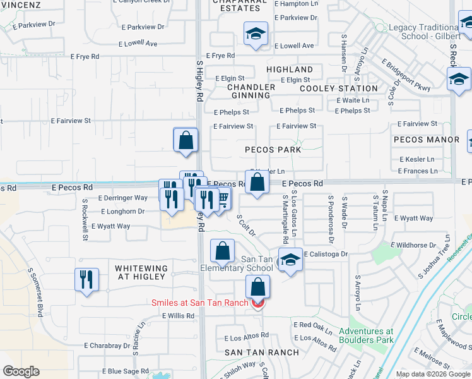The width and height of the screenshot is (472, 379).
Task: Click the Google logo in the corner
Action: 21,371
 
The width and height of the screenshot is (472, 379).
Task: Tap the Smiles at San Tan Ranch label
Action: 199,303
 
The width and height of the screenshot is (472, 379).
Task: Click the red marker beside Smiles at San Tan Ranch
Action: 257,304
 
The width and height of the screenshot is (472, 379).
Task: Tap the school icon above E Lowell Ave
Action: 256,34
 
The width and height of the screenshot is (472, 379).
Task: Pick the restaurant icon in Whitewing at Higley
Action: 86,279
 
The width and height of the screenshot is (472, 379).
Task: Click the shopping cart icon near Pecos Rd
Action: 221,200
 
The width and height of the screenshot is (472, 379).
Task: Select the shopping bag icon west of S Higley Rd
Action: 186,140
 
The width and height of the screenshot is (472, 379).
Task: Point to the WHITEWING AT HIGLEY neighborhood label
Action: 141,273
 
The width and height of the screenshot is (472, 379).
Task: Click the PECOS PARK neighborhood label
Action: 273,150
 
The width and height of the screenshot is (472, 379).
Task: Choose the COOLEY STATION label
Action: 339,89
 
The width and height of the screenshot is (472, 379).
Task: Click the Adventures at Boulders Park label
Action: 366,335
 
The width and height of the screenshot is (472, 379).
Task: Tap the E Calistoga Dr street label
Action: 326,254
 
